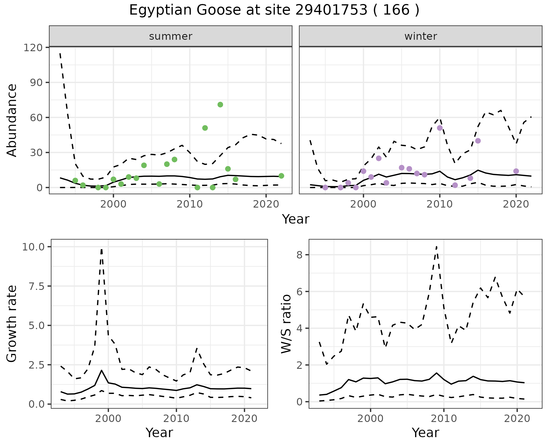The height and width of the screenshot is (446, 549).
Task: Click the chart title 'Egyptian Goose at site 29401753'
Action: point(274,10)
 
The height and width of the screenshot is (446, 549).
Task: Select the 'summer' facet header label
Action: point(171,36)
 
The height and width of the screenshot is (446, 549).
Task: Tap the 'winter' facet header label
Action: point(421,36)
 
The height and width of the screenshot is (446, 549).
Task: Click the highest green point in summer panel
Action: point(220,105)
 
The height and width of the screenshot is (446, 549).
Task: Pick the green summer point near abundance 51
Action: point(205,128)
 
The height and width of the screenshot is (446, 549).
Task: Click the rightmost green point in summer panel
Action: point(281,176)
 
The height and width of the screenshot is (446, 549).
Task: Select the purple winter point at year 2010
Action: point(440,128)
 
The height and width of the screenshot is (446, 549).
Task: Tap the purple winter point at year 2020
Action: point(516,171)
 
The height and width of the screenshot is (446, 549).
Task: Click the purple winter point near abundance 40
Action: point(478,141)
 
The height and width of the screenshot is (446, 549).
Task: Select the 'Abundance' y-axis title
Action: point(12,120)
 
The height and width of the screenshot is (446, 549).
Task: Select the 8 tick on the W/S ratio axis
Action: point(300,255)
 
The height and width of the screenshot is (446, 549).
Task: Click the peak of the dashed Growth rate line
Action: point(102,249)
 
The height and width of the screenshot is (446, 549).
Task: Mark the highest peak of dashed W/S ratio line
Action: point(436,246)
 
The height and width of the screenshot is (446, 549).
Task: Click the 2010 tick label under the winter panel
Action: point(440,205)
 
